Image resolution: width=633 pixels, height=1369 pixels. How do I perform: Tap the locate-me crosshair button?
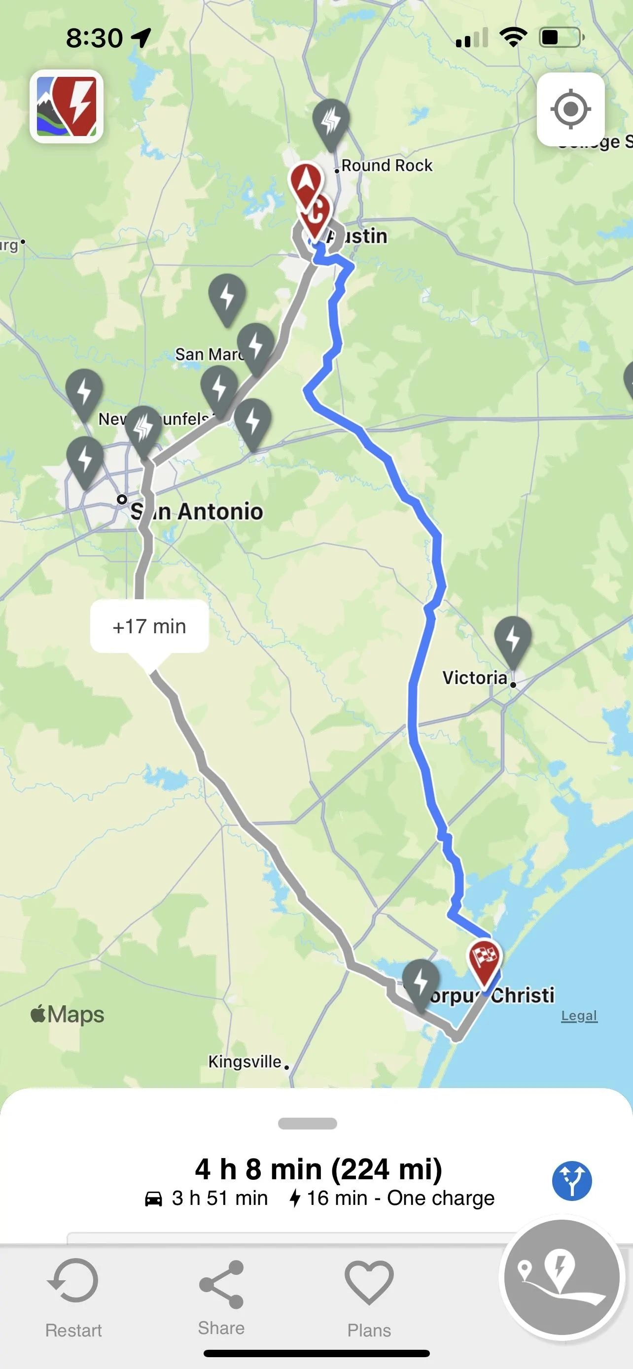pos(570,109)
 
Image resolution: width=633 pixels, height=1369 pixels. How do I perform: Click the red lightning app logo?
pos(67,106)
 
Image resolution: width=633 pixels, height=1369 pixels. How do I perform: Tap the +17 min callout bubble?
pos(149,626)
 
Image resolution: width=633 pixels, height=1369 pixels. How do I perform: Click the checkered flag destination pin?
pos(484,959)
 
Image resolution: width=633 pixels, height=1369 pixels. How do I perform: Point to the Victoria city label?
pos(475,678)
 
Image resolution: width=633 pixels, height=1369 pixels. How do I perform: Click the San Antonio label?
pos(197,511)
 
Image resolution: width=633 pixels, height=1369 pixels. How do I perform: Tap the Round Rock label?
pos(387,165)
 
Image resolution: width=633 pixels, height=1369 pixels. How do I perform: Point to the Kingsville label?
pos(245,1061)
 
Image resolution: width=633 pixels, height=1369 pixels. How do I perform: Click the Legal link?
pos(579,1016)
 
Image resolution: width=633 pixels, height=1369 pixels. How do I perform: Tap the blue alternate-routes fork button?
pos(572,1181)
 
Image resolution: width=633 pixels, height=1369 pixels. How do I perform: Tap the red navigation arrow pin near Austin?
pos(306,182)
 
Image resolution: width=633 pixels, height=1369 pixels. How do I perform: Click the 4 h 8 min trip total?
pos(318,1170)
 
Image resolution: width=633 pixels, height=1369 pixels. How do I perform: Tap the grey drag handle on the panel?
pos(307,1124)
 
